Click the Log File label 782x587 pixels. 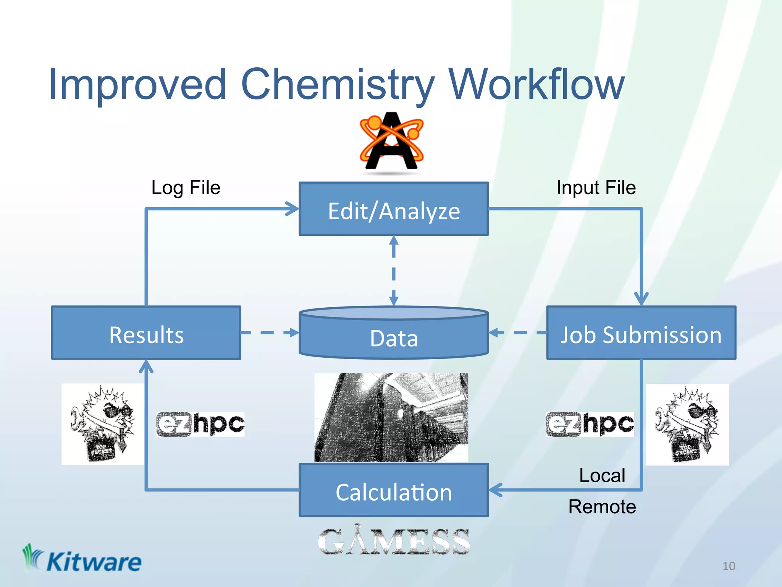click(186, 188)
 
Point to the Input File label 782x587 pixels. click(596, 188)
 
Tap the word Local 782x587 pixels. click(602, 476)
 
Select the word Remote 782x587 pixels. click(602, 507)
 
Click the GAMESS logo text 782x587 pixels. click(394, 541)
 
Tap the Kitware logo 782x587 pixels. click(82, 560)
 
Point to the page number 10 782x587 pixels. click(729, 566)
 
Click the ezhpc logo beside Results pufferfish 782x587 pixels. click(200, 424)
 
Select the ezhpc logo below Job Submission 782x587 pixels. click(590, 424)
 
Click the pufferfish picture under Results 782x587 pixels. click(103, 424)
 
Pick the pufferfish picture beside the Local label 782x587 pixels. click(687, 424)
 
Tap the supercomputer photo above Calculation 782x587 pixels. click(391, 417)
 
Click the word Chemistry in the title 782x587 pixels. click(338, 85)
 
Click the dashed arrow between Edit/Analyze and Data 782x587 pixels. click(394, 271)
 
